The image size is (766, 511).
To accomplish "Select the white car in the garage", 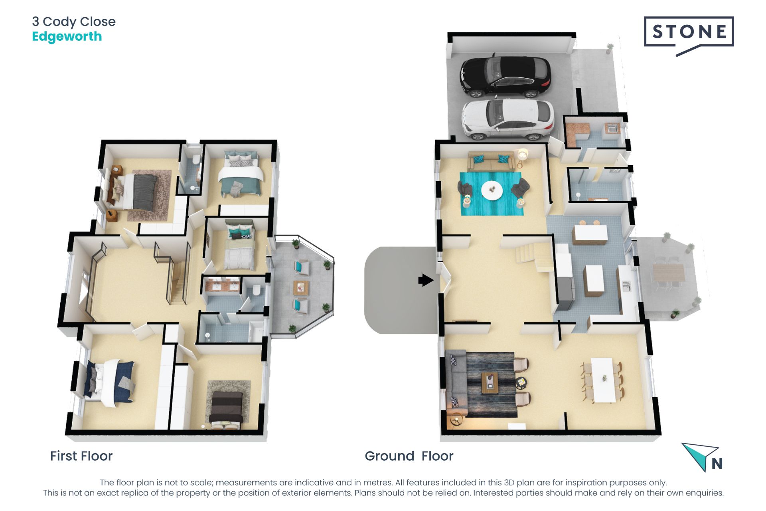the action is pyautogui.click(x=507, y=119).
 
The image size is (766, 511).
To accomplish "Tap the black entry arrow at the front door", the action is pyautogui.click(x=426, y=280).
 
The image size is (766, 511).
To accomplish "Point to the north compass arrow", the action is pyautogui.click(x=699, y=455).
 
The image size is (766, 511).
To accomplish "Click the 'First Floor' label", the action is pyautogui.click(x=81, y=456).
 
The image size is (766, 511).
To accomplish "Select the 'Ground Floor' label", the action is pyautogui.click(x=409, y=456).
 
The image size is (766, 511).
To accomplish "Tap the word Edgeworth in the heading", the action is pyautogui.click(x=67, y=36).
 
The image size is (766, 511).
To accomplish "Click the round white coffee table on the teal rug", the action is pyautogui.click(x=492, y=190).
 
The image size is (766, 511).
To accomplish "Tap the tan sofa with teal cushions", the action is pyautogui.click(x=491, y=161).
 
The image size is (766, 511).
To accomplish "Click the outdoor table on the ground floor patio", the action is pyautogui.click(x=668, y=272).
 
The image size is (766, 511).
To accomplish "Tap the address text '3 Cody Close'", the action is pyautogui.click(x=74, y=22).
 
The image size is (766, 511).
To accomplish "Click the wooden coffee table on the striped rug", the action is pyautogui.click(x=490, y=382).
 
